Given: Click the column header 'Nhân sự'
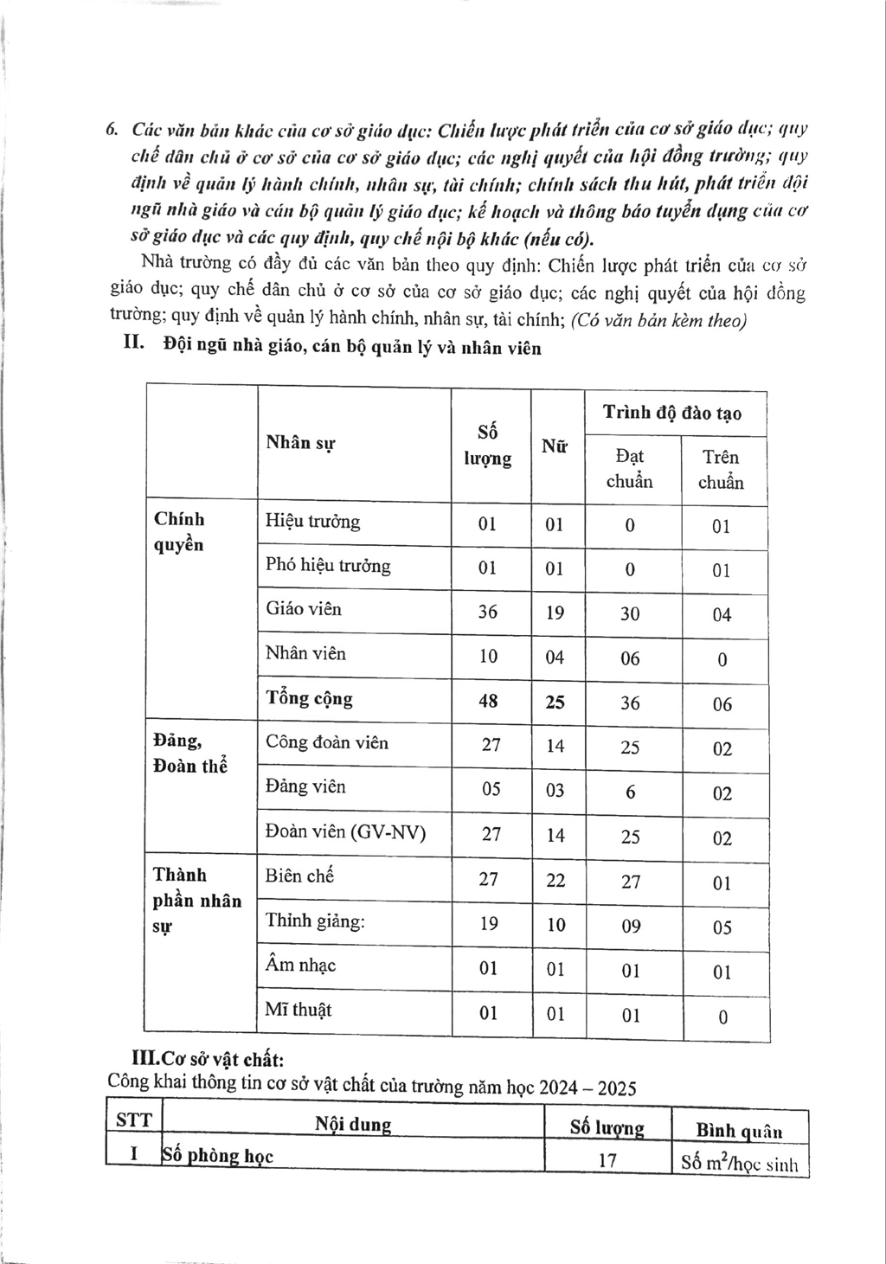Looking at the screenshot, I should pos(300,443).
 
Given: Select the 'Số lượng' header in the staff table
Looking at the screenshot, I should pos(487,445).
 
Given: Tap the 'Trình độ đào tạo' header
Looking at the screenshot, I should pos(671,413).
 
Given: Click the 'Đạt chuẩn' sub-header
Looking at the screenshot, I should pos(629,469).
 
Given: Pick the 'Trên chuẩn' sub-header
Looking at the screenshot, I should pos(721,470).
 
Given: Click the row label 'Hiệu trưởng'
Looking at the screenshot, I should pos(312,522).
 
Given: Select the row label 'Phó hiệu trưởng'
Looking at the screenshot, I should pos(328,566).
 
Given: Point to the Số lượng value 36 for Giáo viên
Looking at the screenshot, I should pos(487,612).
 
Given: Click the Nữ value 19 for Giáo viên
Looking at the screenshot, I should pos(555,613).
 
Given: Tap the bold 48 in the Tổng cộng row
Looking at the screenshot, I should pos(488,701).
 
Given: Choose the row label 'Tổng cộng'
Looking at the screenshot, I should pos(309,699).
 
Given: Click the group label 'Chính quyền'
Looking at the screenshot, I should pos(179,531).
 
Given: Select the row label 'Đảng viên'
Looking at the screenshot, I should pos(305,786).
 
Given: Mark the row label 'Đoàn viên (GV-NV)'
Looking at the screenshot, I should pos(345,832).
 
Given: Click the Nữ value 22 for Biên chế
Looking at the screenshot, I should pos(555,880).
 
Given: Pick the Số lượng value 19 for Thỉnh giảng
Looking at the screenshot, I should pos(488,924).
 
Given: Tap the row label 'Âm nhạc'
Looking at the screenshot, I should pos(300,965).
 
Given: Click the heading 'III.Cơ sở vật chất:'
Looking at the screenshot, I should pos(207,1059).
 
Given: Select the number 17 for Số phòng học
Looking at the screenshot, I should pos(607,1159).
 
